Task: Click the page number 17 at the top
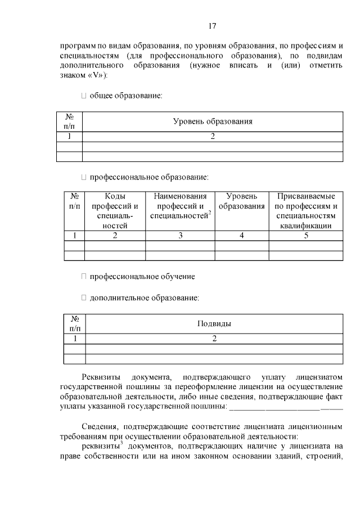pos(213,26)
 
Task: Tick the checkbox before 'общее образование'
pos(84,96)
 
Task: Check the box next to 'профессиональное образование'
pos(84,177)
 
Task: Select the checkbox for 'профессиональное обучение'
pos(84,276)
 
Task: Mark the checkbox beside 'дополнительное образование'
pos(84,297)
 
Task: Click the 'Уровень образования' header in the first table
pos(212,121)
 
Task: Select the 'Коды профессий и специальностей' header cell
pos(114,211)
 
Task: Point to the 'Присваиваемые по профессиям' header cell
pos(305,211)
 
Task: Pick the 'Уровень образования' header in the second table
pos(241,201)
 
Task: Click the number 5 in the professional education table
pos(306,236)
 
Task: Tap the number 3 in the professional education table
pos(180,236)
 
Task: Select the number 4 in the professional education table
pos(241,236)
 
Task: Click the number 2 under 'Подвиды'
pos(214,339)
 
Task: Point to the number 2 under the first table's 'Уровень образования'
pos(212,136)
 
